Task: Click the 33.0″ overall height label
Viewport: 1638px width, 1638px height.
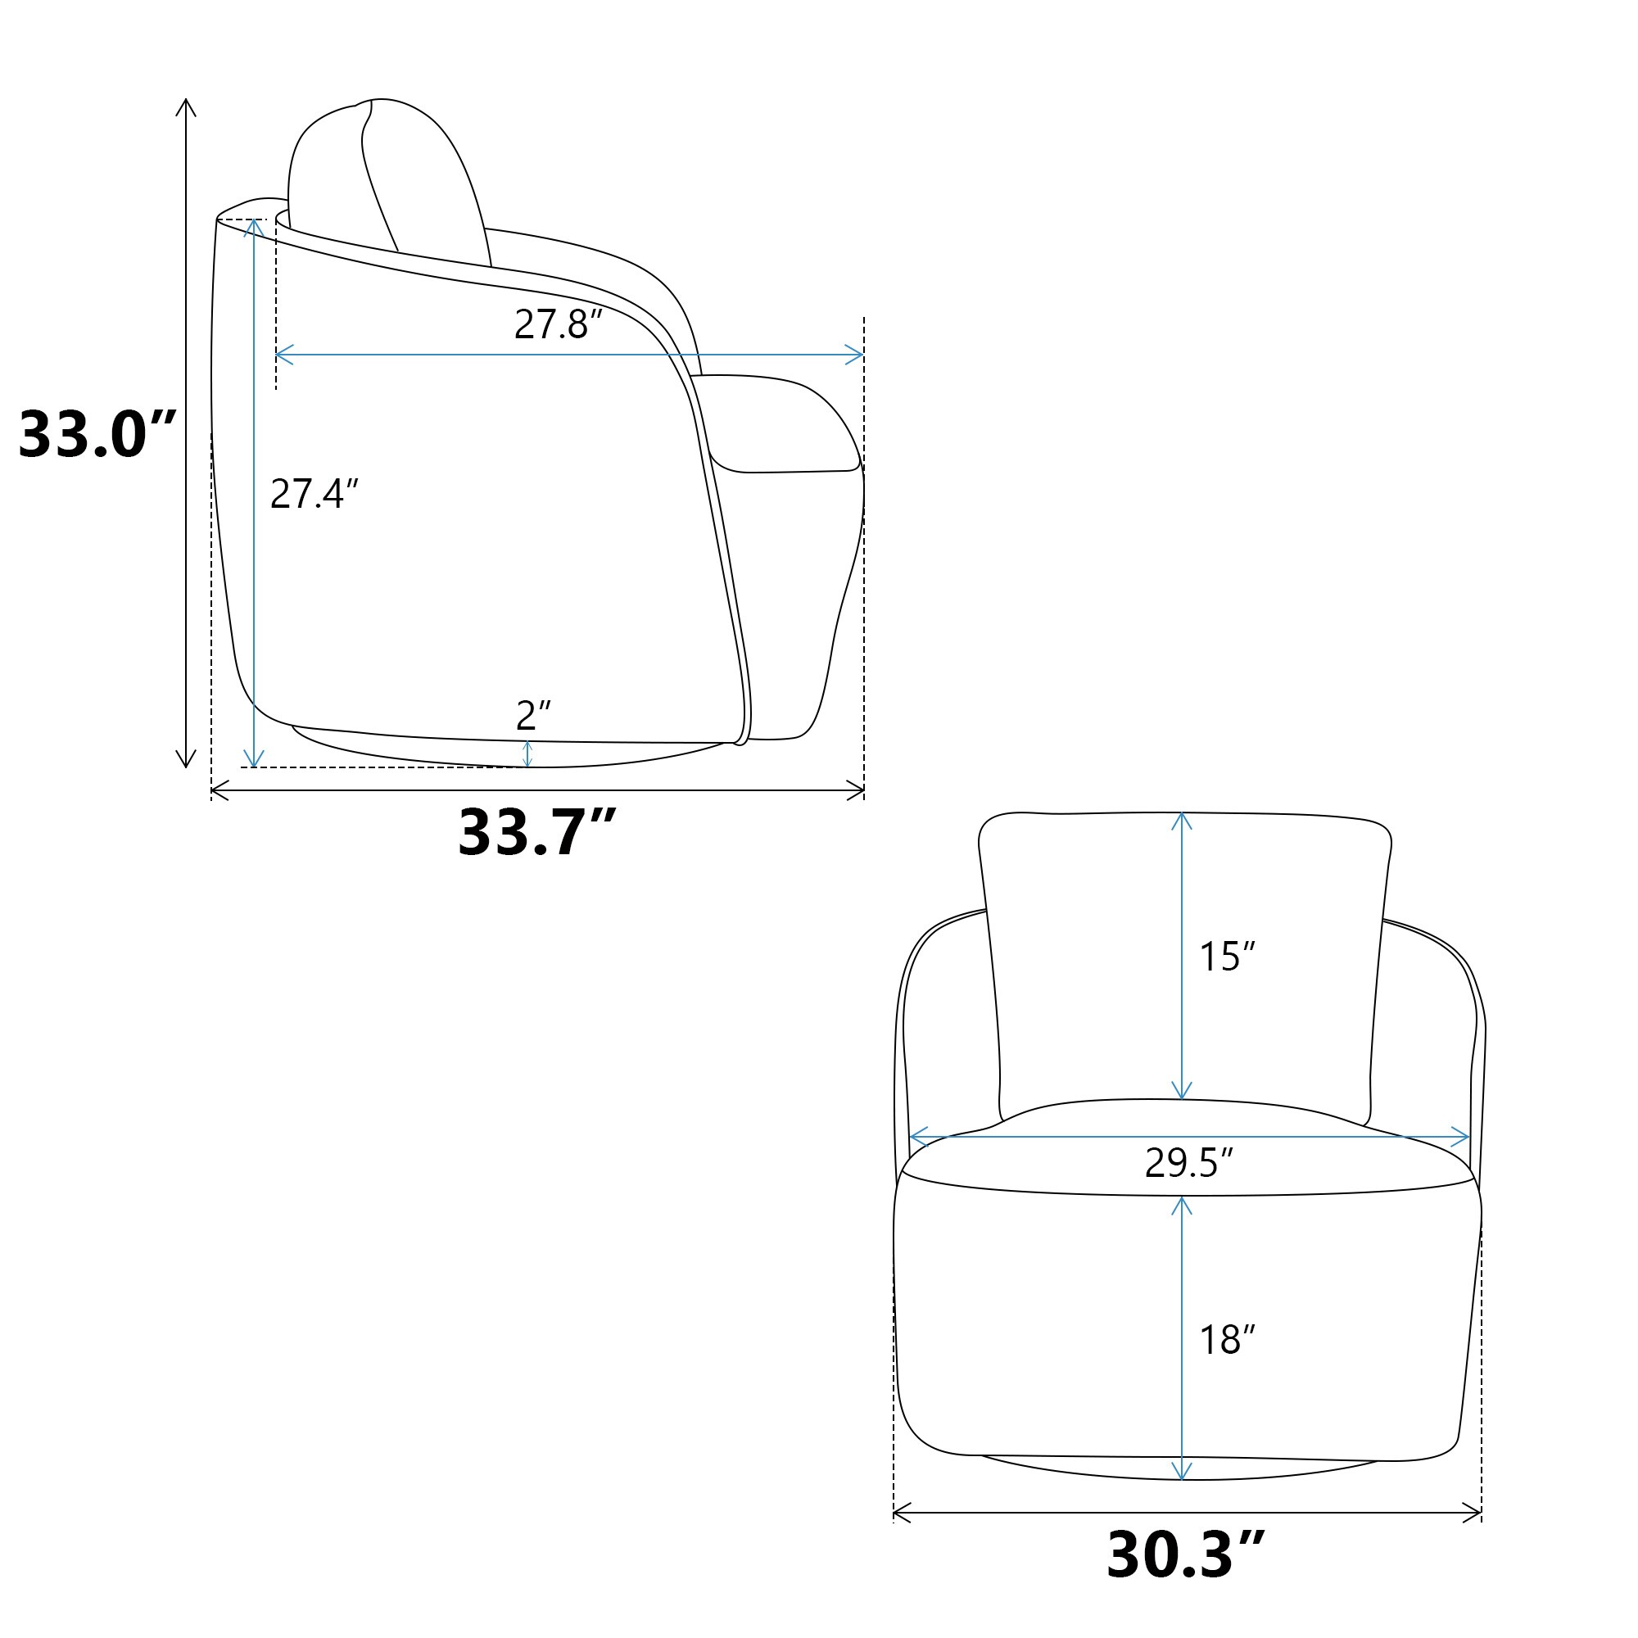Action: (97, 435)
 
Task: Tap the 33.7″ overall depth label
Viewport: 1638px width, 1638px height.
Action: (536, 832)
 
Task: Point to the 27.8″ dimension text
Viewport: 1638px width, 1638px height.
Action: (558, 324)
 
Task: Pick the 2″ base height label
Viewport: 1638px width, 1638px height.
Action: (533, 716)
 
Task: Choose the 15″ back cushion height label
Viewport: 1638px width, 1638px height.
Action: (1227, 957)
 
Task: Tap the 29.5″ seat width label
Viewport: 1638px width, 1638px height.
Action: (1188, 1162)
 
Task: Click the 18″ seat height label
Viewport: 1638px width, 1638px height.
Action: (1227, 1340)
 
